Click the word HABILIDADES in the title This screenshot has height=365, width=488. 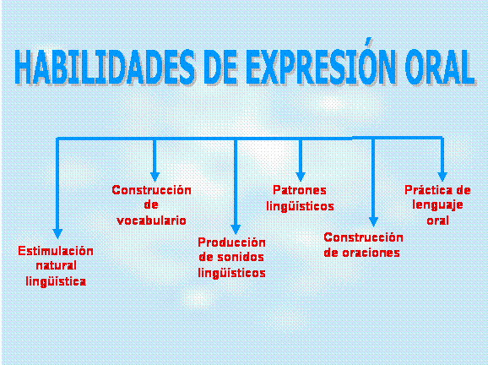pyautogui.click(x=106, y=67)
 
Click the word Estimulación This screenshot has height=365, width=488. pyautogui.click(x=56, y=251)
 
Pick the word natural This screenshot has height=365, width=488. pyautogui.click(x=57, y=265)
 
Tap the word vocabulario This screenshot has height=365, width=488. pyautogui.click(x=152, y=221)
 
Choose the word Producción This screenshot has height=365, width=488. pyautogui.click(x=232, y=242)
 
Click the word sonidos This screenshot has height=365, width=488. pyautogui.click(x=241, y=257)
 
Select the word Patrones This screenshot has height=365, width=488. pyautogui.click(x=300, y=190)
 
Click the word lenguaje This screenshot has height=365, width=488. pyautogui.click(x=437, y=205)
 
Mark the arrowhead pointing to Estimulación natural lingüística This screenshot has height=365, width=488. pyautogui.click(x=57, y=233)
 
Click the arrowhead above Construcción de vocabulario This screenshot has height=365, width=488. pyautogui.click(x=155, y=177)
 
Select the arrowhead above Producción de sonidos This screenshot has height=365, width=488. pyautogui.click(x=236, y=230)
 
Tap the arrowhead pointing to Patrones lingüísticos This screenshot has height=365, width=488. pyautogui.click(x=301, y=177)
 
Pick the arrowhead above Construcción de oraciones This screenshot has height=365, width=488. pyautogui.click(x=373, y=221)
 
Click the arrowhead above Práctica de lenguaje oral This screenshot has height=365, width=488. pyautogui.click(x=442, y=177)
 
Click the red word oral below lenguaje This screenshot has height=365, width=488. pyautogui.click(x=437, y=221)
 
